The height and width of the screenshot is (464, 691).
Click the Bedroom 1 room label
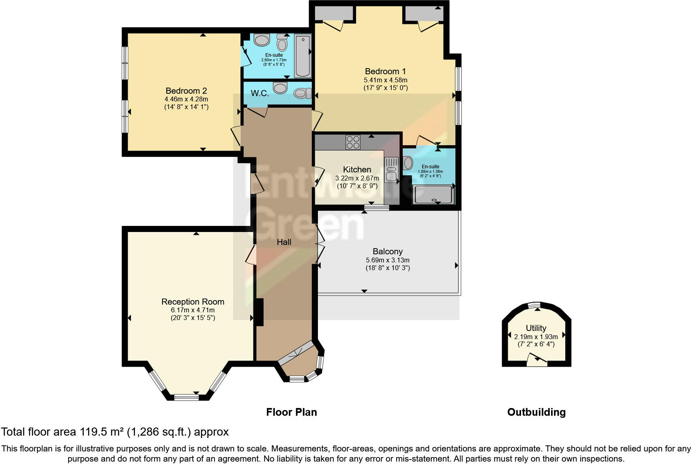(x=385, y=71)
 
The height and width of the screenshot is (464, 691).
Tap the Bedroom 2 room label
(x=186, y=91)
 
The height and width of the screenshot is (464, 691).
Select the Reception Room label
(x=193, y=302)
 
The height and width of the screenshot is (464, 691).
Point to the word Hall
(x=284, y=242)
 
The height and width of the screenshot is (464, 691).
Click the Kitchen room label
(x=357, y=170)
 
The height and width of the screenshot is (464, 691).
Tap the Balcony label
(x=387, y=251)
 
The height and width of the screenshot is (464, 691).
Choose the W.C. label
(x=260, y=93)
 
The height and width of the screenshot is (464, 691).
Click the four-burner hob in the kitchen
(x=353, y=142)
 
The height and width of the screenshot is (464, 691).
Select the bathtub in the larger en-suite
(x=303, y=56)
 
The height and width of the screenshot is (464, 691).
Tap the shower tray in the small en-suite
(x=433, y=194)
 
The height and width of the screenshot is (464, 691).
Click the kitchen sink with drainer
(x=391, y=170)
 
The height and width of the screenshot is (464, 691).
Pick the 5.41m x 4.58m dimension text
(x=385, y=80)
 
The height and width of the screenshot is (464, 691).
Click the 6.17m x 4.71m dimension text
(x=193, y=310)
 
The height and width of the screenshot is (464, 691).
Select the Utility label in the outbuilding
(x=536, y=328)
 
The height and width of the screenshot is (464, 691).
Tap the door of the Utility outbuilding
(x=537, y=360)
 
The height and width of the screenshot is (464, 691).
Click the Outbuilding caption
(x=536, y=412)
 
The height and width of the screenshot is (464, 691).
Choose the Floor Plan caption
(x=292, y=412)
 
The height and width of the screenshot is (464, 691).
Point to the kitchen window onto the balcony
(x=376, y=208)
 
